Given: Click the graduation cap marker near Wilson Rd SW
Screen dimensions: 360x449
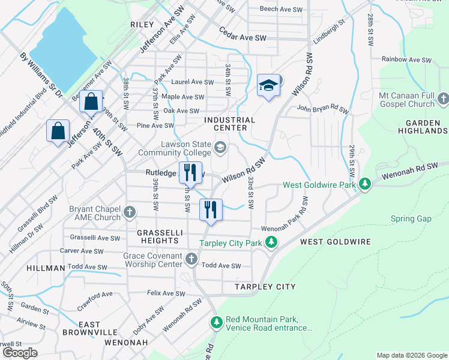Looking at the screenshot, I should [269, 86].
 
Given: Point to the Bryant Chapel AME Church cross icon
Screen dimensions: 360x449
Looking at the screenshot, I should [129, 212].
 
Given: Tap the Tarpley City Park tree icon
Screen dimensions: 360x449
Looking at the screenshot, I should [272, 242].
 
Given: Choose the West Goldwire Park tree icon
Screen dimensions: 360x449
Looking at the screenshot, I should [364, 184].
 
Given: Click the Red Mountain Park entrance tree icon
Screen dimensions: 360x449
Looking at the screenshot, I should [216, 323].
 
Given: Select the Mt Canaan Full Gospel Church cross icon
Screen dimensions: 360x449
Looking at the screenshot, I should [443, 98].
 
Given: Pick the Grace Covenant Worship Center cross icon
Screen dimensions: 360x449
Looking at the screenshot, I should [191, 259].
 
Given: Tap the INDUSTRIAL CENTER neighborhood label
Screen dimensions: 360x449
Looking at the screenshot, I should [230, 124].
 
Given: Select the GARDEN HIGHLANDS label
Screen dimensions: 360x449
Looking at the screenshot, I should [422, 126].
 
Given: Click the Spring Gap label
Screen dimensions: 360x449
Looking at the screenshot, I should [411, 218].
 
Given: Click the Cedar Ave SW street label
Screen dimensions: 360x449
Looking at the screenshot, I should [243, 37].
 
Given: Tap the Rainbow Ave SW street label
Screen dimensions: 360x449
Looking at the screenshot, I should [407, 60].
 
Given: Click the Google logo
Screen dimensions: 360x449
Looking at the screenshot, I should [20, 353].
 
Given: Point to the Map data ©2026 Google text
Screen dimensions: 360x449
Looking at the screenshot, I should [411, 355].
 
